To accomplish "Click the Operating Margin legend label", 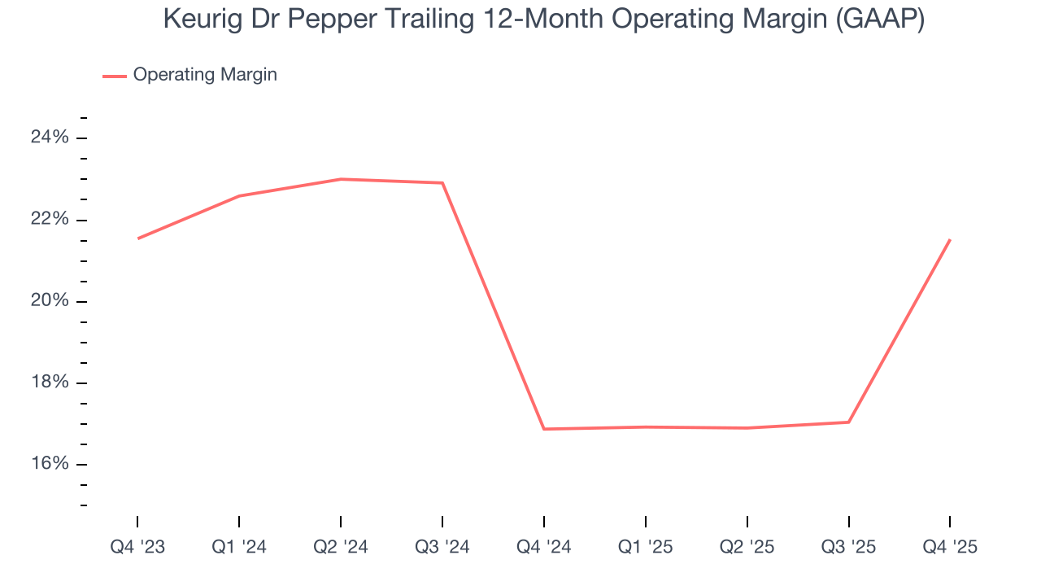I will (x=205, y=75).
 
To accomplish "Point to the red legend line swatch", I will (x=114, y=76).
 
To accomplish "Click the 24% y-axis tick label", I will (x=50, y=138).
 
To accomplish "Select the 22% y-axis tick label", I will (x=50, y=220).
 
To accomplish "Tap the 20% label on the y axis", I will (x=50, y=301).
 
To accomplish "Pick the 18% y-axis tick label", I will (x=50, y=383).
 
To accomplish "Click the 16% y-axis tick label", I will (x=50, y=464).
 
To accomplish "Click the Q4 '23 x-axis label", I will (x=137, y=547).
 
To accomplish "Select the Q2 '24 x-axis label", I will (x=341, y=547).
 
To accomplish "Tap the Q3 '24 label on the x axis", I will (x=442, y=547).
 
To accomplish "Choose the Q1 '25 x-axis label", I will (x=646, y=547).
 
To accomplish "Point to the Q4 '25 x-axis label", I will (x=950, y=547).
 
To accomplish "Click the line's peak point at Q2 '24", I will (x=341, y=179).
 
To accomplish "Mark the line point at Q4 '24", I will (x=543, y=429).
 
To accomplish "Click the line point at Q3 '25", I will (x=848, y=422).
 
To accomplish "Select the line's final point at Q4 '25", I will (x=950, y=239).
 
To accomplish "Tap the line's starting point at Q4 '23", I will (x=137, y=238).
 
